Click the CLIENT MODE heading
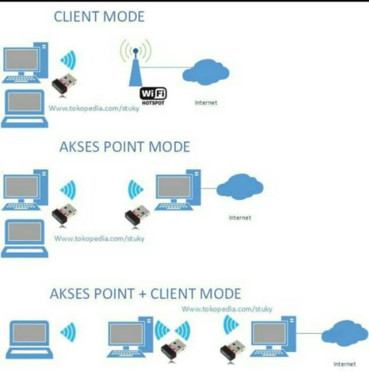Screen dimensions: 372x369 point(99,16)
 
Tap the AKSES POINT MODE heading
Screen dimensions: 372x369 point(124,146)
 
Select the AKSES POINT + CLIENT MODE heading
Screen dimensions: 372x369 point(145,294)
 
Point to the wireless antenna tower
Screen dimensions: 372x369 point(135,67)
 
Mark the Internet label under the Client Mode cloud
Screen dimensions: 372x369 point(206,103)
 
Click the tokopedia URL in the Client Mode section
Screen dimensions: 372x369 point(94,108)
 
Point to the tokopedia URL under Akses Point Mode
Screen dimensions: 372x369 point(99,238)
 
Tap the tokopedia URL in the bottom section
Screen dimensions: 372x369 point(227,309)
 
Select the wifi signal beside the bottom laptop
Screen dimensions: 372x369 point(68,332)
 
